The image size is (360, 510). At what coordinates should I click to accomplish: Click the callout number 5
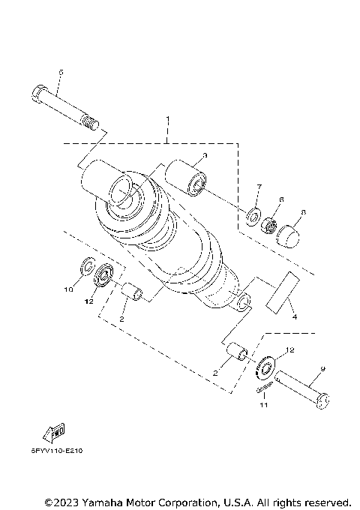pos(61,72)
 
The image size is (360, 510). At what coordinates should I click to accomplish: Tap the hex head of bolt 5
pos(40,95)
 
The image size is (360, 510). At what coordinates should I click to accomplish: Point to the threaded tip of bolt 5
pos(91,120)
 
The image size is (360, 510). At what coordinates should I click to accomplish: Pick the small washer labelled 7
pos(254,218)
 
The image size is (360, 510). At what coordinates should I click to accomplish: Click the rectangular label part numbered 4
pos(281,292)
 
